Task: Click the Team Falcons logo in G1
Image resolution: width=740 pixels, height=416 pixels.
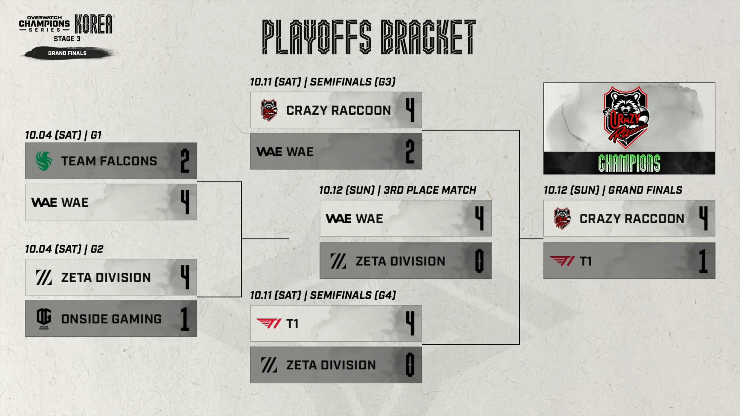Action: [44, 161]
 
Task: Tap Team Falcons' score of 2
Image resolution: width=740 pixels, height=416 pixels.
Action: [185, 161]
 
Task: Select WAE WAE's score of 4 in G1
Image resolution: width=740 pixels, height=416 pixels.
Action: [185, 202]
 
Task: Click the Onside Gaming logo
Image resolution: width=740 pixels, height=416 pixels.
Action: [44, 319]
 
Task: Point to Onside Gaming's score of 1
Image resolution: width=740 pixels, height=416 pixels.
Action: [185, 319]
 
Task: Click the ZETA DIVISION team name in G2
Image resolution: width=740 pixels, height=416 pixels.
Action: [106, 277]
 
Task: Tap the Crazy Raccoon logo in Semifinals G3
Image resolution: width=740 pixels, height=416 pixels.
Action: [269, 110]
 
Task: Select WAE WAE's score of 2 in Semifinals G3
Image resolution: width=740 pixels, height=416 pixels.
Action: [410, 152]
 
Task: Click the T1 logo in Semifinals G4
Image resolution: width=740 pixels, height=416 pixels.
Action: [269, 324]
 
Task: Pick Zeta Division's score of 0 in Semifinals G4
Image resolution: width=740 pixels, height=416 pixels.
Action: [410, 365]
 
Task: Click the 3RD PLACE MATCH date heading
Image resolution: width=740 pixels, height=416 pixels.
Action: [397, 190]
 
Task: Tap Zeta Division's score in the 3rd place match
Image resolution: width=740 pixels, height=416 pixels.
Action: [479, 261]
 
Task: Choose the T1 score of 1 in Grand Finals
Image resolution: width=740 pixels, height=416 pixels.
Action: [703, 261]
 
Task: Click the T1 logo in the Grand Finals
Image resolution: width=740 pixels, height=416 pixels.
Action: [562, 261]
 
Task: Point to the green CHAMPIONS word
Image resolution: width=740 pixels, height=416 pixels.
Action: [629, 163]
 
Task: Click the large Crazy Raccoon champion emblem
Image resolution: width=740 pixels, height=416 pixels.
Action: [626, 117]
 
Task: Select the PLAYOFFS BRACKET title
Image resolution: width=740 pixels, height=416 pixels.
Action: [369, 37]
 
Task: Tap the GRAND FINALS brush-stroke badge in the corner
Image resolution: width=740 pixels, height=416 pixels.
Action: [67, 53]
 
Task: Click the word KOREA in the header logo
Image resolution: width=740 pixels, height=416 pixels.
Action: [94, 24]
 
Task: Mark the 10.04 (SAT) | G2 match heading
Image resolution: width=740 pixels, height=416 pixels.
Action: [64, 249]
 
